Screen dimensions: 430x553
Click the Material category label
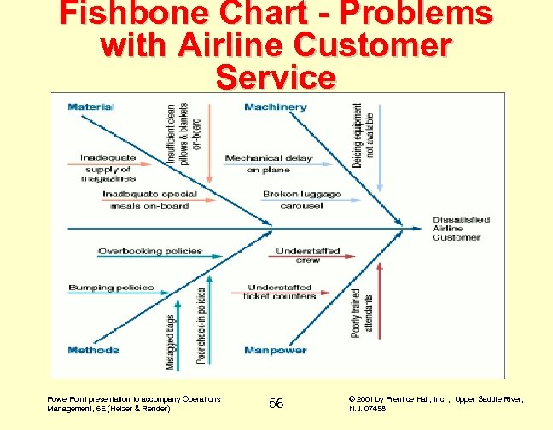click(91, 107)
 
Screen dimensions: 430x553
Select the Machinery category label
click(275, 107)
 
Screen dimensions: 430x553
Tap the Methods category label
click(93, 351)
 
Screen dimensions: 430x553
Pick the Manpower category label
click(275, 351)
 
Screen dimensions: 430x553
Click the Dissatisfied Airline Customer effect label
click(461, 229)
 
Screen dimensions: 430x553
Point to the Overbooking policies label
click(150, 252)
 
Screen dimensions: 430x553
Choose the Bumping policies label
click(111, 288)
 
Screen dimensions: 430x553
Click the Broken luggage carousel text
click(301, 200)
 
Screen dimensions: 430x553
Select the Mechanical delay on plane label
click(268, 164)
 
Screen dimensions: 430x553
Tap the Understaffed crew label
click(308, 255)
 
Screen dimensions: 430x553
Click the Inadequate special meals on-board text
click(149, 200)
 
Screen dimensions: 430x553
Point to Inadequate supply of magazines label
click(108, 168)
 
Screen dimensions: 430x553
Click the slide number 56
click(276, 403)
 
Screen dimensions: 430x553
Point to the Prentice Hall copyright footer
click(436, 404)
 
